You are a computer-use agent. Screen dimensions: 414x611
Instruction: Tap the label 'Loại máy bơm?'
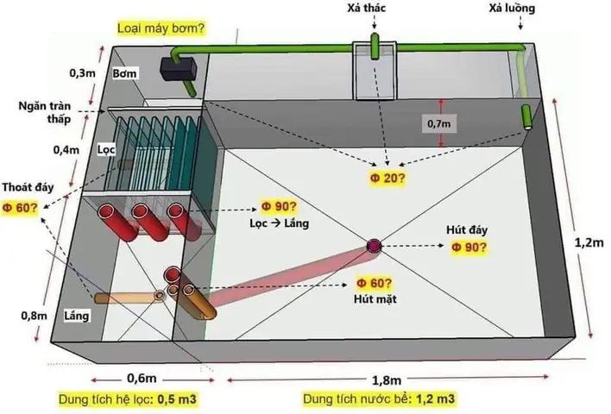point(160,28)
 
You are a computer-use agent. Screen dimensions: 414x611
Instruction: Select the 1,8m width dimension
point(385,379)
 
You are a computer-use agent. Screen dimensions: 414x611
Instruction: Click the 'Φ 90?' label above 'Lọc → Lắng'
point(279,207)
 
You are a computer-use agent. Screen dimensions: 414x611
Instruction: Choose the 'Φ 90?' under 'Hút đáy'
point(469,248)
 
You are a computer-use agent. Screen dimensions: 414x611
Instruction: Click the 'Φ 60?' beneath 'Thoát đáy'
point(19,207)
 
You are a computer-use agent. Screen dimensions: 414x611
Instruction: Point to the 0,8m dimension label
point(34,315)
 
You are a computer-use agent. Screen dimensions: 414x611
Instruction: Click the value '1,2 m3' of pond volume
point(437,400)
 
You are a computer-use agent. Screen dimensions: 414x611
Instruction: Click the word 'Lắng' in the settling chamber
point(77,317)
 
